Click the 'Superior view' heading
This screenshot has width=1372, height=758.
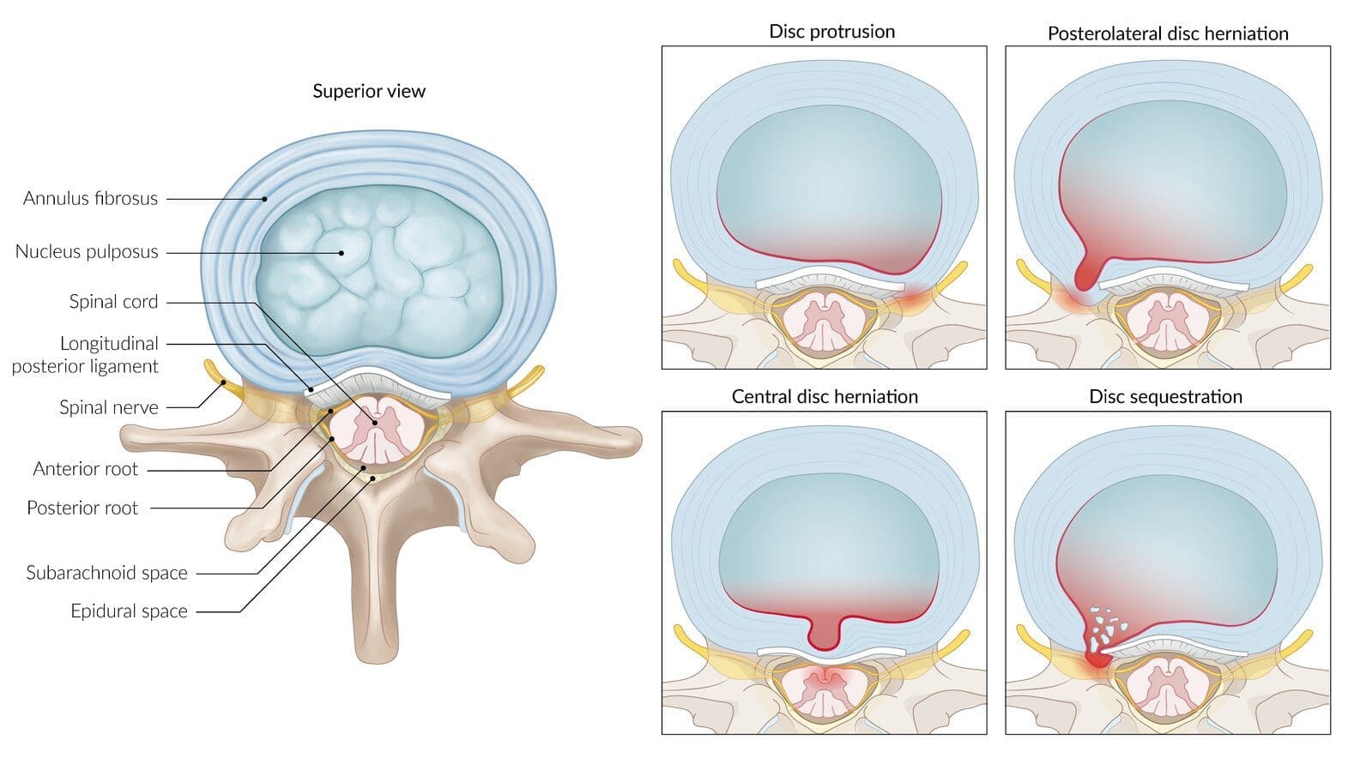(369, 91)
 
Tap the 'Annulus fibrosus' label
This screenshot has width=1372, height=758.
(91, 198)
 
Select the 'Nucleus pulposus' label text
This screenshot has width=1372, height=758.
(87, 251)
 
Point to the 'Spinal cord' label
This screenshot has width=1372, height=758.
(113, 301)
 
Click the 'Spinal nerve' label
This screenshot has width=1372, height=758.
(108, 407)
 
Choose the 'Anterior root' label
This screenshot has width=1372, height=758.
(85, 469)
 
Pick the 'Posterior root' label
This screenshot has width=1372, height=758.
(82, 508)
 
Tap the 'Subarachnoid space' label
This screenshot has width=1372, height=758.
(106, 573)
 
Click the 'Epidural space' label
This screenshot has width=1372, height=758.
(129, 611)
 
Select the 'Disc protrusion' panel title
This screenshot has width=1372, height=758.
(831, 31)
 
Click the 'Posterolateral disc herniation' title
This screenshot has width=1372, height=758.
(1168, 33)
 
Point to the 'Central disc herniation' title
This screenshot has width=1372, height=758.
(825, 397)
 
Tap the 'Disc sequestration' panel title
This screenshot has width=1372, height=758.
(1165, 397)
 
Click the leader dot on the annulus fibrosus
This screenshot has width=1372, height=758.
(265, 199)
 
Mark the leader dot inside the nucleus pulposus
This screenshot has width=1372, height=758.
(341, 253)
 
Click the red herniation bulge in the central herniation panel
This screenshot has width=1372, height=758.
(824, 634)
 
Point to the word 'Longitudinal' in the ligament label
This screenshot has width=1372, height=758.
(109, 344)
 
